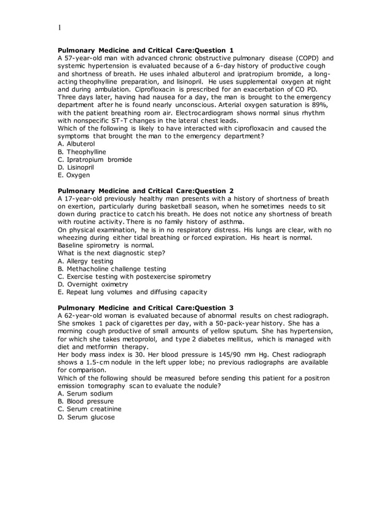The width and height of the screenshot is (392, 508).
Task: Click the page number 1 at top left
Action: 60,27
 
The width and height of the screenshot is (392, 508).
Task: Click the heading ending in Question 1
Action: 146,50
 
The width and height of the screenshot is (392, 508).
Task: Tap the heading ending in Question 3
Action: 146,308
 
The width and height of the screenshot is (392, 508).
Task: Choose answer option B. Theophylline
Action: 82,151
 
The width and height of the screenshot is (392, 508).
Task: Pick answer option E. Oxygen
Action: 73,175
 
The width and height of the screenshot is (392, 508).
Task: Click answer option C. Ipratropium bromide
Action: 95,159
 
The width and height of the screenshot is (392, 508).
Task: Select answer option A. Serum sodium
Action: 85,393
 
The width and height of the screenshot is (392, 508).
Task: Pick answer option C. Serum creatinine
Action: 89,408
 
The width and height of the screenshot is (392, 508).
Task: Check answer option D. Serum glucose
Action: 86,416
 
